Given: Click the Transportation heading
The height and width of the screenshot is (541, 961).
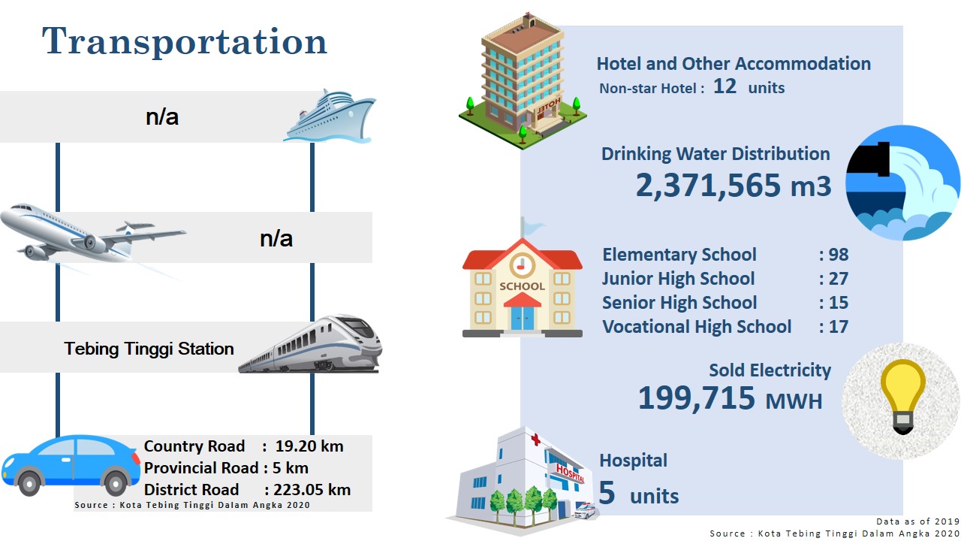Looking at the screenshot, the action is point(185,41).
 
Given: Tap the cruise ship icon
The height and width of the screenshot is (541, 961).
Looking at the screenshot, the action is point(330,116).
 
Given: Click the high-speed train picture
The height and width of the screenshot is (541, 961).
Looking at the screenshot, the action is point(311,344).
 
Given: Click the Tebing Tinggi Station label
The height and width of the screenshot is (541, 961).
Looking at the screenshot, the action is point(149,349).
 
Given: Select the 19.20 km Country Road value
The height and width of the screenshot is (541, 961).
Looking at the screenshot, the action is point(309,446).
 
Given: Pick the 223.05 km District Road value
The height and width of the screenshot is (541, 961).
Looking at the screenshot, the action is point(312,489).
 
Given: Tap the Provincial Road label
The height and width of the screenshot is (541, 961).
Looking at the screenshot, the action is point(201,467).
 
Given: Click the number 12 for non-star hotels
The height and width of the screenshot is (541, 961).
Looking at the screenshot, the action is point(725,86).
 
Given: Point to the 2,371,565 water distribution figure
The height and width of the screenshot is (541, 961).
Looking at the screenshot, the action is point(708,185).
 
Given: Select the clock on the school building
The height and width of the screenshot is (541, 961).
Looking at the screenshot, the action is point(522,266).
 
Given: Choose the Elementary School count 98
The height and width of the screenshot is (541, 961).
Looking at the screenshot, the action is point(839,255).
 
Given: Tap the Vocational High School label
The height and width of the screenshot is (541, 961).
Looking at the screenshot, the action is point(697,327).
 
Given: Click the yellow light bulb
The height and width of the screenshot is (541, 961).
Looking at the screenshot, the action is point(902,396).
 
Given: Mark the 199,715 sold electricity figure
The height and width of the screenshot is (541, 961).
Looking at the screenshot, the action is point(696,398).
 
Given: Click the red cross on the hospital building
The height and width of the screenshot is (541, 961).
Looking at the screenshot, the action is point(535,440).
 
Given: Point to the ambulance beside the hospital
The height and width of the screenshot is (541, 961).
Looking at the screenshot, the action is point(585,510).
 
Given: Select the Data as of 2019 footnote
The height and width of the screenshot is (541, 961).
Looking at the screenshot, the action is point(917,521).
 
